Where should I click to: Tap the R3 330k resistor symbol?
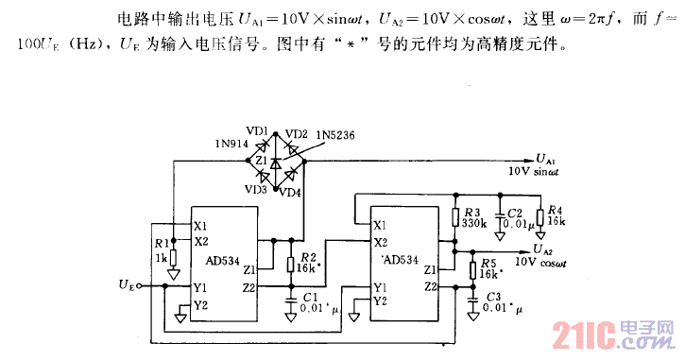pyautogui.click(x=456, y=218)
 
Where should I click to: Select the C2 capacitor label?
pyautogui.click(x=515, y=214)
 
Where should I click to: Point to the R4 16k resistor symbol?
pyautogui.click(x=539, y=218)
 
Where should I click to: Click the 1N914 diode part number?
pyautogui.click(x=231, y=144)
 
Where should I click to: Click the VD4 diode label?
pyautogui.click(x=289, y=193)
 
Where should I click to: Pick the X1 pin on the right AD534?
pyautogui.click(x=379, y=225)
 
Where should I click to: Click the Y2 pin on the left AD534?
pyautogui.click(x=199, y=303)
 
